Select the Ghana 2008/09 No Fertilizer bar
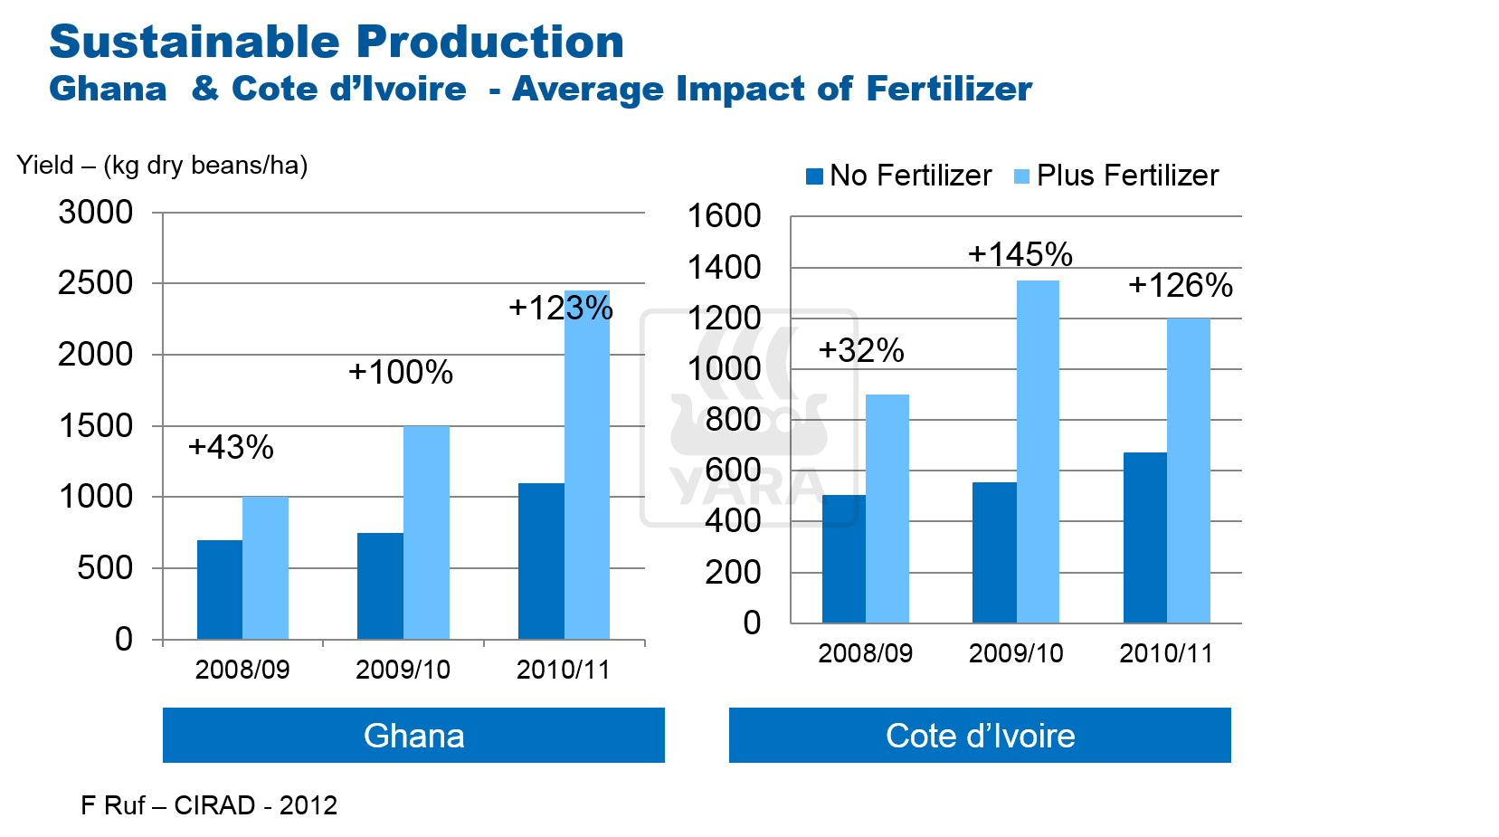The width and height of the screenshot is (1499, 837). point(220,589)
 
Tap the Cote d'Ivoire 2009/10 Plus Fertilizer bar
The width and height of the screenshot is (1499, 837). point(1038,452)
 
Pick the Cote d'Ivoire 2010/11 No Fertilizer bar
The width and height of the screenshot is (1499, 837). point(1144,537)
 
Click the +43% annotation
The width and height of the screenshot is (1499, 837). point(231,447)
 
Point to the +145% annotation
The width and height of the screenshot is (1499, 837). point(1020,254)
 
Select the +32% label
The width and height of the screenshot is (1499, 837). point(861,350)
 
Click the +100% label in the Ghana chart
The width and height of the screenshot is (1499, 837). point(401,372)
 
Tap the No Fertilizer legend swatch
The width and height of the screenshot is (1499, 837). point(814,176)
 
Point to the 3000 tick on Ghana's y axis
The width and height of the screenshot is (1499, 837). point(96,213)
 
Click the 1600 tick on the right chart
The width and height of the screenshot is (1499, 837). point(725,216)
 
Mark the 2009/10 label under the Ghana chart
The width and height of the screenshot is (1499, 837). point(403,670)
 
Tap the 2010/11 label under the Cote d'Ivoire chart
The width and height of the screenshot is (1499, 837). point(1166,653)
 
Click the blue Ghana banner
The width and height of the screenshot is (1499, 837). point(413,735)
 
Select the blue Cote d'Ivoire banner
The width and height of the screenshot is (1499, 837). point(980,735)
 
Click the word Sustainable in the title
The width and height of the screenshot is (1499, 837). point(194,42)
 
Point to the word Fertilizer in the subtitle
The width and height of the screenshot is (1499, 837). point(949,89)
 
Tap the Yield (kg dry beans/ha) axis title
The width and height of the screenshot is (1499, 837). point(162,166)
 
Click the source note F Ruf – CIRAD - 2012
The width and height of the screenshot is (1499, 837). point(209,805)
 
